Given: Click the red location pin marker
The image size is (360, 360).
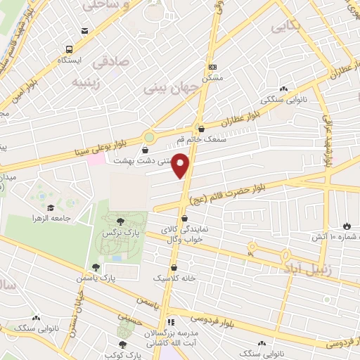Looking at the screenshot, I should [x=182, y=165].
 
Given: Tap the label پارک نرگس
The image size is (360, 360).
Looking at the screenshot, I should [x=117, y=232].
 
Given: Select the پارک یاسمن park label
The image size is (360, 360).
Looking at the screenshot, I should [x=94, y=278].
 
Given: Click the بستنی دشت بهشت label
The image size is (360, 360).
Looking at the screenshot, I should [x=145, y=160].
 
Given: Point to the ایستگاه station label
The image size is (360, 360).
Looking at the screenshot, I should [x=70, y=60].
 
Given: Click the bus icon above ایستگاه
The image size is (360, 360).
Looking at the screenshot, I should [x=70, y=49].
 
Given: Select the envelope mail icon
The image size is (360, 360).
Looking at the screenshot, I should [x=85, y=31].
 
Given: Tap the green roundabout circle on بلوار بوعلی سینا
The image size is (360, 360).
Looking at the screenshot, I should [x=150, y=137].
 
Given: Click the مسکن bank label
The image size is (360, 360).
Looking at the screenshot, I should [x=212, y=77].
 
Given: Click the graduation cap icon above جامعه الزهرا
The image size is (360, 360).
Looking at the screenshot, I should [x=51, y=208].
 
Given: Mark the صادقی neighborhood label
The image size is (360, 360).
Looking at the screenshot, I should [x=103, y=61].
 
